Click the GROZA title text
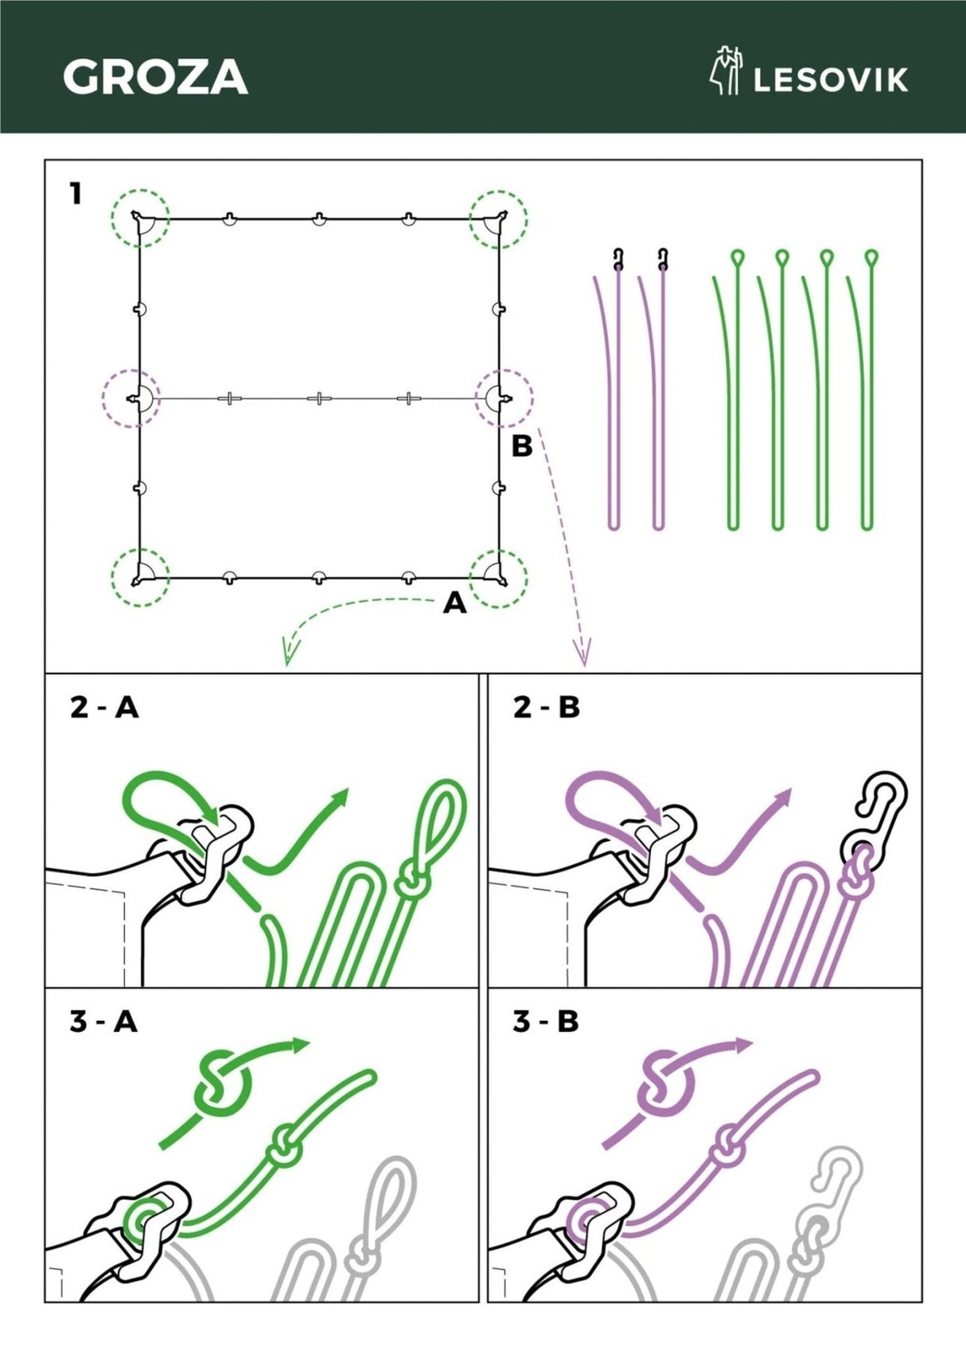(x=155, y=77)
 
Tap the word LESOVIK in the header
(x=831, y=81)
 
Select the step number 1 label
(x=75, y=193)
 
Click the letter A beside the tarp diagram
(x=454, y=603)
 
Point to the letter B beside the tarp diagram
(x=521, y=446)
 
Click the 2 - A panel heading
(x=105, y=708)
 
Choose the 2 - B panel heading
(x=546, y=708)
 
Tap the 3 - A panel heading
(x=103, y=1021)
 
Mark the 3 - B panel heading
(x=546, y=1021)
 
